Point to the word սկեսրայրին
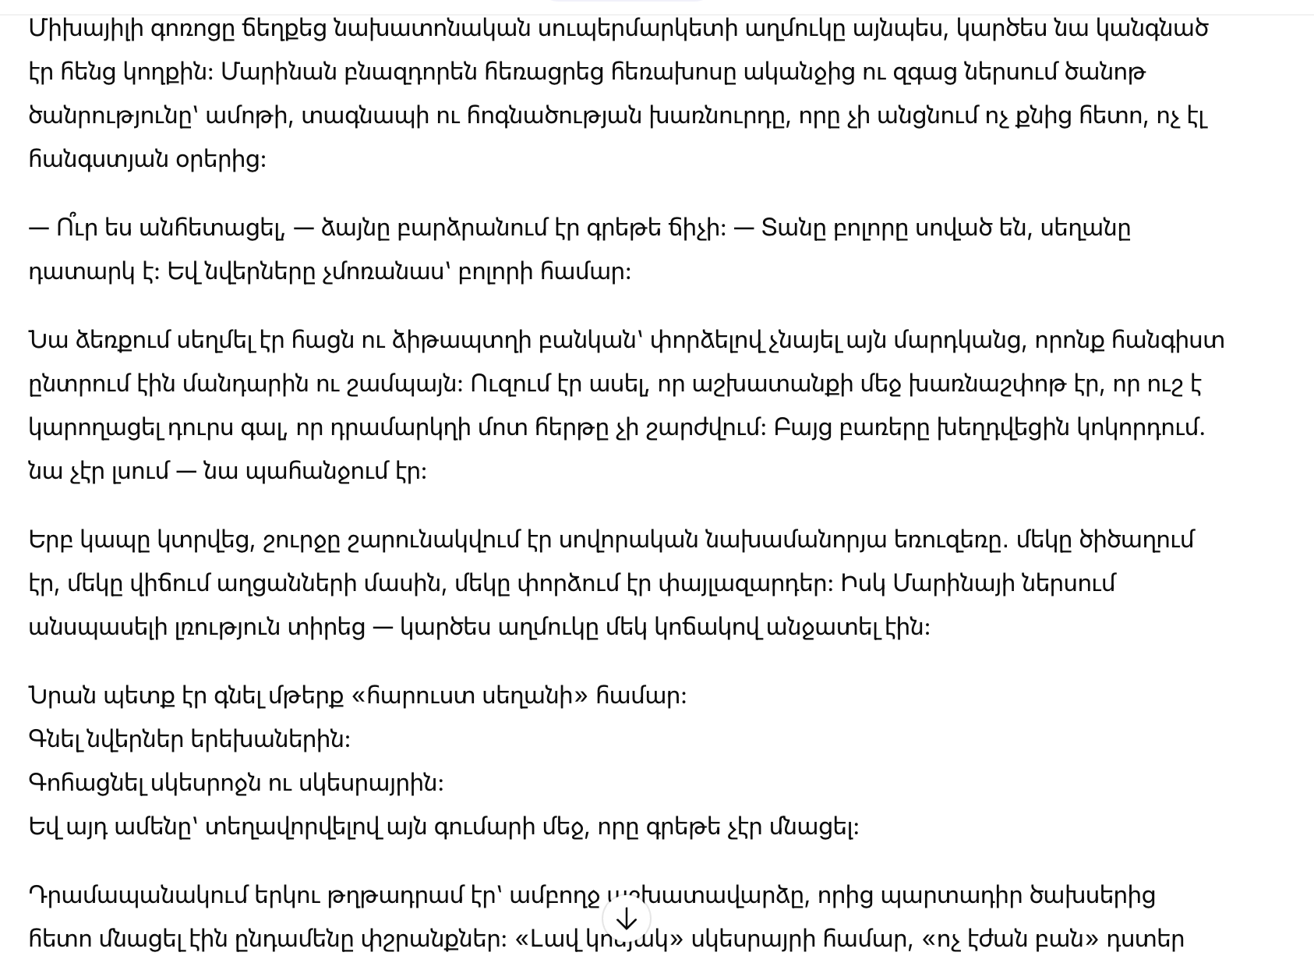[x=371, y=783]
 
